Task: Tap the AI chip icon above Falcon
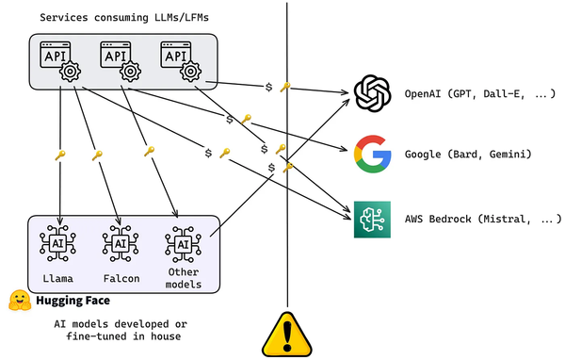[121, 244]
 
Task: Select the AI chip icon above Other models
[182, 244]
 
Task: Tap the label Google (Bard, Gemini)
[469, 154]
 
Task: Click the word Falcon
[121, 279]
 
